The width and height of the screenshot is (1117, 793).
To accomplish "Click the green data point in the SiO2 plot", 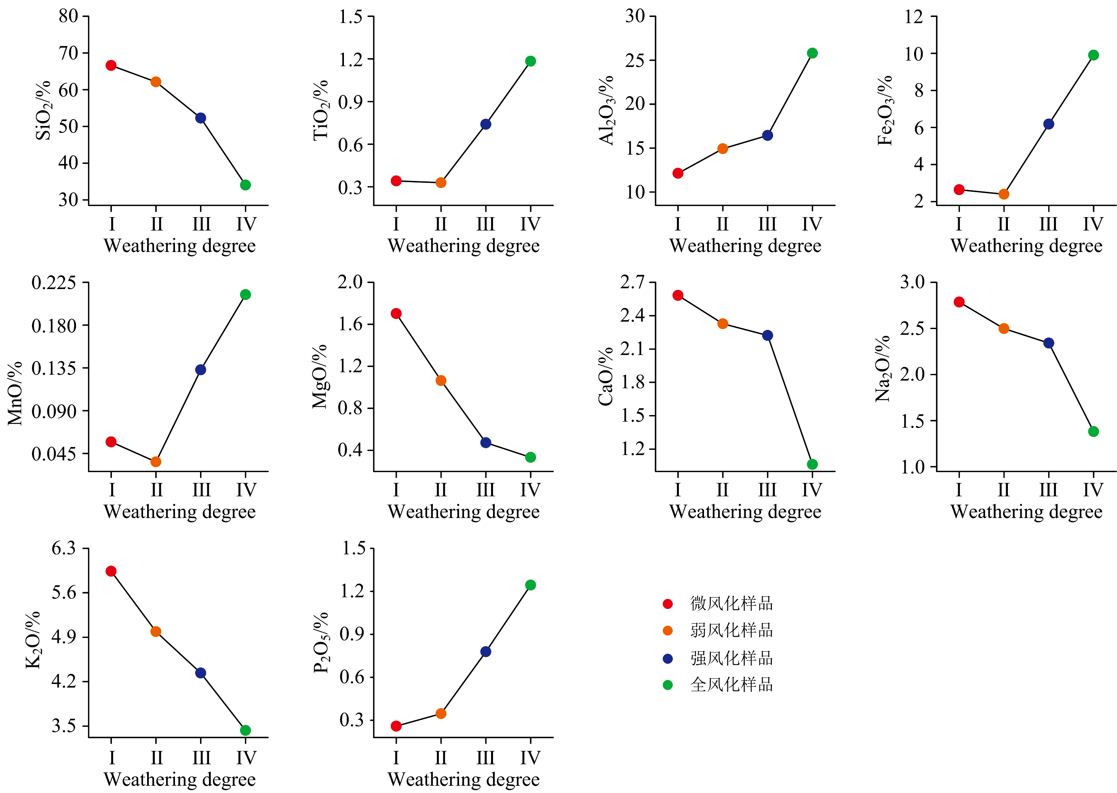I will (x=245, y=185).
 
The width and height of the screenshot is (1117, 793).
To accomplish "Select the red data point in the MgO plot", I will (x=396, y=313).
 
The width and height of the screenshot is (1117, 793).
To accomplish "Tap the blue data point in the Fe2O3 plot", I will (x=1049, y=124).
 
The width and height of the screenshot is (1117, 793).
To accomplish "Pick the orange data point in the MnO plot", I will (x=156, y=462).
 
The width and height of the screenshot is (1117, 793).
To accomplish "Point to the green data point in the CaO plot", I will (x=812, y=464).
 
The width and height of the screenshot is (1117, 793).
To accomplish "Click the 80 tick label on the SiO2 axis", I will (x=68, y=16).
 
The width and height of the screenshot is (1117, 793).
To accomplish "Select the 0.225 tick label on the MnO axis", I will (x=54, y=283).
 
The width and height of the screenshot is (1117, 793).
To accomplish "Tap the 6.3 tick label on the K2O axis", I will (x=64, y=548).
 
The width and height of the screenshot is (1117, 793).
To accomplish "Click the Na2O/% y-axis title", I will (x=883, y=369).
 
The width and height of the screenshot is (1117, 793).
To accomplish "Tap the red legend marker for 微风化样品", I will (x=668, y=604).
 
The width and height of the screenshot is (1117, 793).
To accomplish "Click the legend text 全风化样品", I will (x=731, y=685).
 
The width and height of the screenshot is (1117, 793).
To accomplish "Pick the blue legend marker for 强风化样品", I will (x=668, y=659).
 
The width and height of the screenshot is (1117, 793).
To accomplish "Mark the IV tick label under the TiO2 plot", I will (x=530, y=224).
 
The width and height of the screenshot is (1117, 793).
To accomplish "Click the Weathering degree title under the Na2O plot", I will (x=1026, y=512).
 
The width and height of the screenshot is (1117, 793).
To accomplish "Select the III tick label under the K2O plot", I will (x=201, y=757).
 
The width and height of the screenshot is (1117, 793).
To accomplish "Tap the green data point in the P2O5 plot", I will (x=530, y=585).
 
